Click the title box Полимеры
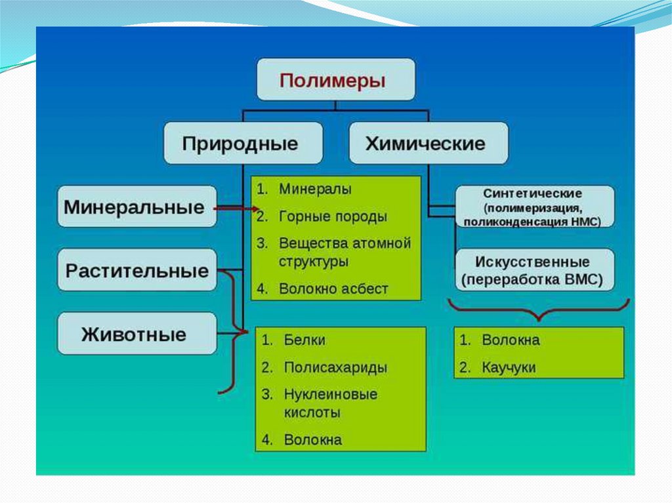335,79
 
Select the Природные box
243,143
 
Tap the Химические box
428,143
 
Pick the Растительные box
136,270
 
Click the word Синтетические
532,193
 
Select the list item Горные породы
333,216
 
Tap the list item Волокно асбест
333,288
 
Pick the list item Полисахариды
335,367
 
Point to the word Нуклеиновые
331,394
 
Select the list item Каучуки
509,367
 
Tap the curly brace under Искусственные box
538,310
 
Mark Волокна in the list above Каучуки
511,340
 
